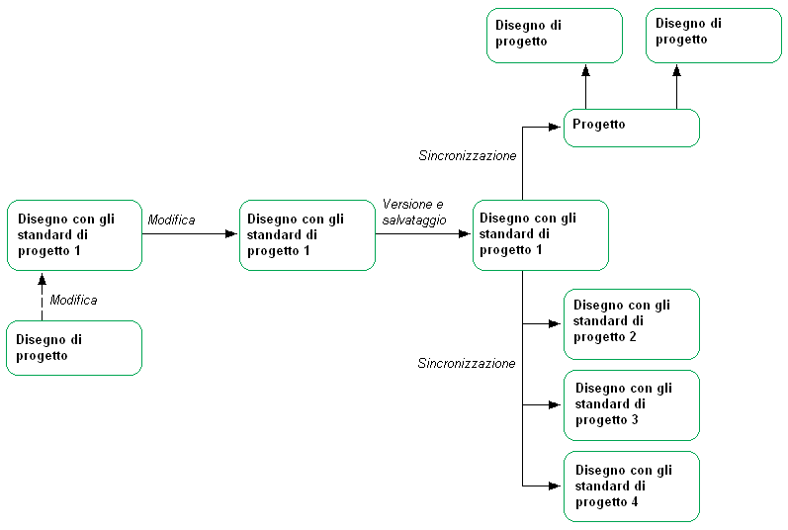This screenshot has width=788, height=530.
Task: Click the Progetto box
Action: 631,128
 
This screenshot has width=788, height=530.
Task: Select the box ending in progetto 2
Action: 631,323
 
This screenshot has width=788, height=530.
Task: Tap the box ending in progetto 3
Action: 631,404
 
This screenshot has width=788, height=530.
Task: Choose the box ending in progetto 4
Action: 631,486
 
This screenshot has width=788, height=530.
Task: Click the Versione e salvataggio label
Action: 414,211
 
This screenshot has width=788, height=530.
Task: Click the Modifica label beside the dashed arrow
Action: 73,300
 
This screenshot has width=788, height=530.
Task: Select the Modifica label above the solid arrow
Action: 171,220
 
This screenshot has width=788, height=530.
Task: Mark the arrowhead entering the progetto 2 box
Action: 557,323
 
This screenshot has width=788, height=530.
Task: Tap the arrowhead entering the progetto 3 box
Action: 557,404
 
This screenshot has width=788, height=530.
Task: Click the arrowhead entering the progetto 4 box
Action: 557,486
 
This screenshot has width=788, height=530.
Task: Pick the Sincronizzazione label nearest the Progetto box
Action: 468,156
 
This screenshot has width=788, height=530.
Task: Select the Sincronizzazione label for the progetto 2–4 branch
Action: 467,364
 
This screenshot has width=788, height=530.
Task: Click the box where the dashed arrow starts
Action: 74,347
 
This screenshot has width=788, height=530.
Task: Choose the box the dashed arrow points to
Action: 74,234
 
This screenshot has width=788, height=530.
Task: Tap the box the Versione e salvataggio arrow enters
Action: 540,234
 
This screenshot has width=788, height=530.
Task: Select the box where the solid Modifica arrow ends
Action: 307,234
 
